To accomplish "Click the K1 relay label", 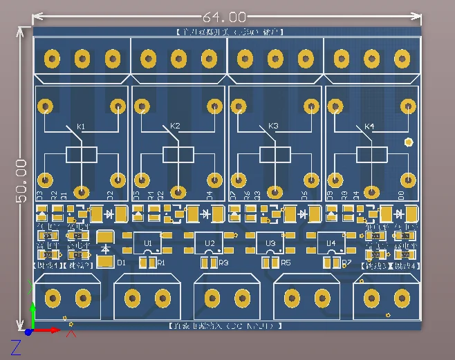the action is (x=81, y=126).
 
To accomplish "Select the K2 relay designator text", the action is (x=175, y=126).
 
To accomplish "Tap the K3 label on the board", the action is (x=272, y=126).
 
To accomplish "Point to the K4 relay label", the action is (x=369, y=126).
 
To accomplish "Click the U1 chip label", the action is (x=148, y=243).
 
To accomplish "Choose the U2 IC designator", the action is (x=210, y=243).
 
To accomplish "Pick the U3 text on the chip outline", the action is (x=270, y=243).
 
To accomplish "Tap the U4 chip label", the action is (x=331, y=243).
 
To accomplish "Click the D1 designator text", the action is (x=122, y=263).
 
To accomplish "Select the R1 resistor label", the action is (x=162, y=263).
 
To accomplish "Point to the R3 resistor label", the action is (x=223, y=263).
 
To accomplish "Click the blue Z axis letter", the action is (x=16, y=348).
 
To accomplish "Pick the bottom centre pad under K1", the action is (x=82, y=191).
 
